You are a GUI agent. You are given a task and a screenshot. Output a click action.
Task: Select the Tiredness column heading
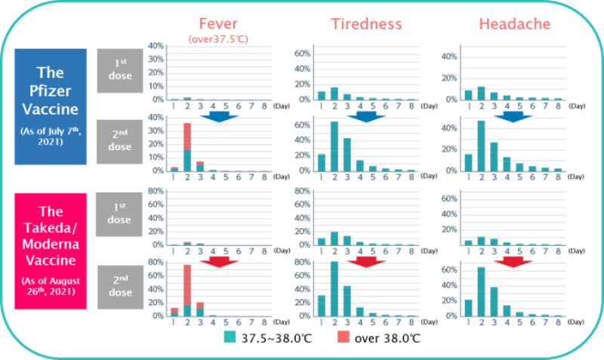(366, 23)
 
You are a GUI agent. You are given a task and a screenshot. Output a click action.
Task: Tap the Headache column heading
(514, 23)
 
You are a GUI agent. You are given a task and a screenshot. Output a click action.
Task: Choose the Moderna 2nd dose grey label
(119, 287)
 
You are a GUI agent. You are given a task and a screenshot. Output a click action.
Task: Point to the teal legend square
(230, 337)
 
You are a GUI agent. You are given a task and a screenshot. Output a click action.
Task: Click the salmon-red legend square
(343, 337)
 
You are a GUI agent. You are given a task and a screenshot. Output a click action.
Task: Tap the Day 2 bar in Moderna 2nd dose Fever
(186, 291)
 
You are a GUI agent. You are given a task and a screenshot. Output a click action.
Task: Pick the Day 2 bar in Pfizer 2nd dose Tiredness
(333, 146)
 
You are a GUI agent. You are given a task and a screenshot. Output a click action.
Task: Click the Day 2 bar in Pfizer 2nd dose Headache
(480, 146)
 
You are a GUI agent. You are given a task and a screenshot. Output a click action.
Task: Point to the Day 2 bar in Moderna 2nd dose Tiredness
(333, 289)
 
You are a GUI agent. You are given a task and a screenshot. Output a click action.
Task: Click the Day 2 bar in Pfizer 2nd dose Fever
(186, 147)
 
